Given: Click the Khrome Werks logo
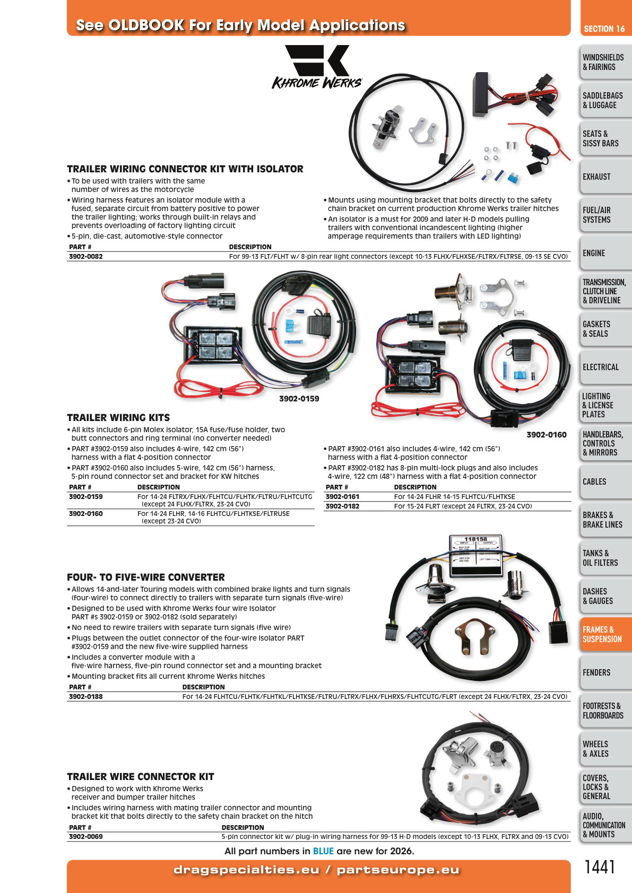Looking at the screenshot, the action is click(317, 67).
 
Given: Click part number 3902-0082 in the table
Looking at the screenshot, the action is click(86, 257).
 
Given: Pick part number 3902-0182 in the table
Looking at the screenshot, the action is click(342, 506).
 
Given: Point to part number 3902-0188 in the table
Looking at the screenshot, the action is click(86, 697).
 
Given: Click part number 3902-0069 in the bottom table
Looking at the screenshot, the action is click(86, 837).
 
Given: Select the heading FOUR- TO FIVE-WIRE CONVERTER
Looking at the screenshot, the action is click(146, 577).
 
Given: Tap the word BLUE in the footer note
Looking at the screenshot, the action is click(323, 851).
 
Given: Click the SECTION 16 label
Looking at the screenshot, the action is click(604, 29).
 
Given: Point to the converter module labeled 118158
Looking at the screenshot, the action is click(475, 555).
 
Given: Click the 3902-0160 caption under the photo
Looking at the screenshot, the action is click(546, 435).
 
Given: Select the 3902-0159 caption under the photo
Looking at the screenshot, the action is click(299, 399).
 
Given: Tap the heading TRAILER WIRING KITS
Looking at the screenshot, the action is click(118, 418).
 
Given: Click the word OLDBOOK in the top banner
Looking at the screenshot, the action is click(146, 25).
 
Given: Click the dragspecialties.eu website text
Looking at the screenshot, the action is click(247, 870).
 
